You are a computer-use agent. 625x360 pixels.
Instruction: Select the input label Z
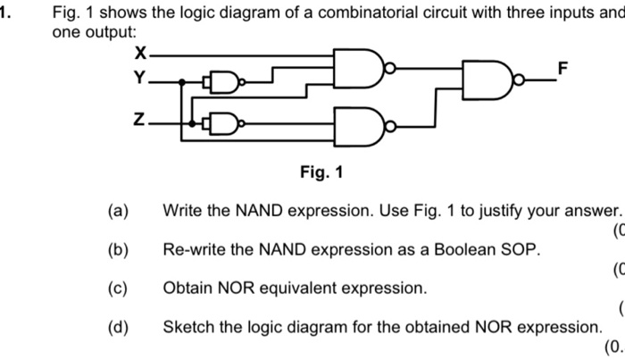pyautogui.click(x=138, y=119)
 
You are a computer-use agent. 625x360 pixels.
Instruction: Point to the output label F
pyautogui.click(x=562, y=69)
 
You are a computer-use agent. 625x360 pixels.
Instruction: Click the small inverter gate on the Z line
pyautogui.click(x=225, y=121)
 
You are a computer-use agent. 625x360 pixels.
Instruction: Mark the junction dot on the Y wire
pyautogui.click(x=181, y=82)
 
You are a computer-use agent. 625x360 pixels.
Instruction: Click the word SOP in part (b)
pyautogui.click(x=521, y=250)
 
